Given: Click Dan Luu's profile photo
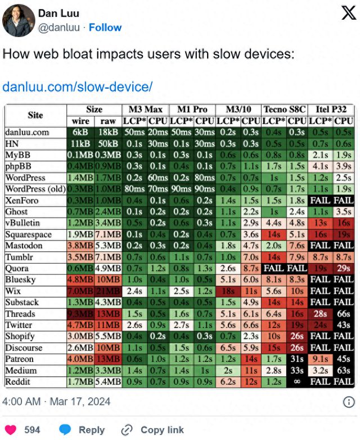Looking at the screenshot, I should coord(19,20).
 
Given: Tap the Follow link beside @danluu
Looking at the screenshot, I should coord(105,28).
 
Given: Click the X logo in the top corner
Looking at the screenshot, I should coord(348,15).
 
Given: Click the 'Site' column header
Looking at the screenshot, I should coord(35,115).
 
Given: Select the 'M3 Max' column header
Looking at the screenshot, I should coord(146,109).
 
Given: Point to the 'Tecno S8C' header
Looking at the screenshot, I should coord(285,109).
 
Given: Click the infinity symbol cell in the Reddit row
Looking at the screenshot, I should coord(297,382).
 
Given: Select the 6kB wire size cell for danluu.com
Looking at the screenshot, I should coord(80,132).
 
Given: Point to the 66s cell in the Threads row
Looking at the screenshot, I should coord(343,314).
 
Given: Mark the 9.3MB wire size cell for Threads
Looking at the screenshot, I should coord(80,314).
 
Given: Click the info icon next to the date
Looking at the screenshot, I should coord(349,402).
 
